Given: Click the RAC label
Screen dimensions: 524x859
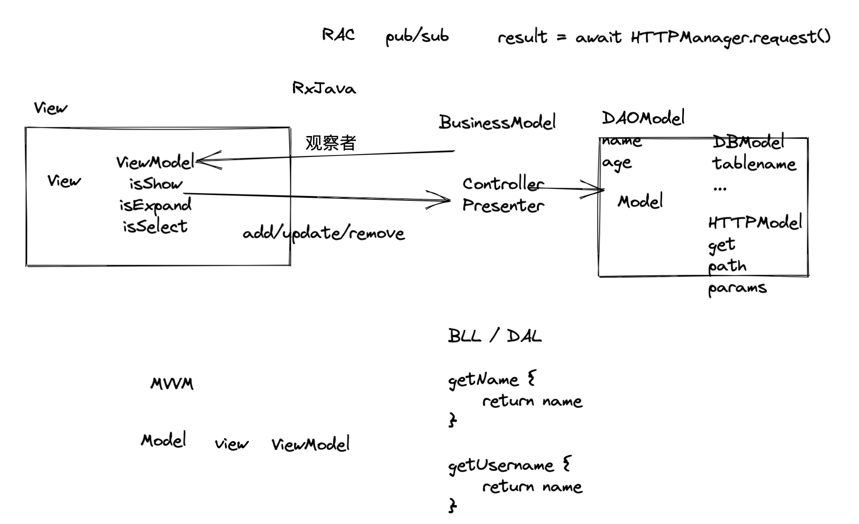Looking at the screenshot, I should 338,35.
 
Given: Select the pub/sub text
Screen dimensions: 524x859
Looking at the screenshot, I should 417,37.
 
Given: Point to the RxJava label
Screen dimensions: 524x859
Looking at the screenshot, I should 324,88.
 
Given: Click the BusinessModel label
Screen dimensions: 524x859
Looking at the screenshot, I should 497,123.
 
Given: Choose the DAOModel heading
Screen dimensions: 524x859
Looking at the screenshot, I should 643,118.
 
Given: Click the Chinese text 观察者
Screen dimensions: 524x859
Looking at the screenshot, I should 331,143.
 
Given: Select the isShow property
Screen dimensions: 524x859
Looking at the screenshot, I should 156,184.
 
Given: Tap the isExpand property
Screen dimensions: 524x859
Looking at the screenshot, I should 155,205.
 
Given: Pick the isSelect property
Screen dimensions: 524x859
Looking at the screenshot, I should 155,226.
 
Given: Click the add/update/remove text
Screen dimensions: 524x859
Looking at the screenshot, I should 323,233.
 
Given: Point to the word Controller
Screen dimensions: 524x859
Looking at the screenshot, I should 503,184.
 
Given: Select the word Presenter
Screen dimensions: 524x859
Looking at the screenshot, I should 503,205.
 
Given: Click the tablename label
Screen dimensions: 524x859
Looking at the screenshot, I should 753,164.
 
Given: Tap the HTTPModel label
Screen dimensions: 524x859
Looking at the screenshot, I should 755,223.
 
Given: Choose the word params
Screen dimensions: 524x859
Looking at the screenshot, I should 737,288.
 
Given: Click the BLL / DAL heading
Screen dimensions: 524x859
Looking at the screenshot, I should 495,336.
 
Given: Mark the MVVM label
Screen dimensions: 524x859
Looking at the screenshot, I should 172,384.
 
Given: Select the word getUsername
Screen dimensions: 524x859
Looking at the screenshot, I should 501,465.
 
